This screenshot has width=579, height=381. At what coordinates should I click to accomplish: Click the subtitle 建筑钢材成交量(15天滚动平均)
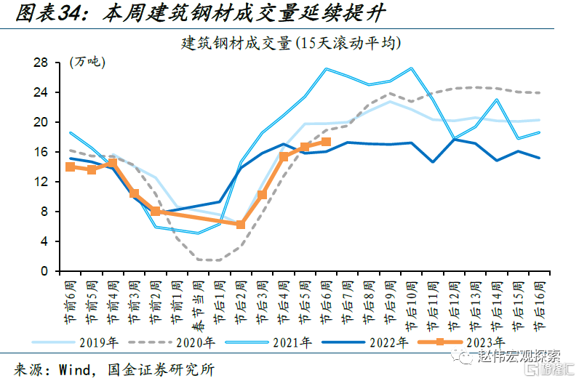coord(290,44)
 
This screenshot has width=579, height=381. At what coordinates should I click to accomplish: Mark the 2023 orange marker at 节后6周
coord(326,142)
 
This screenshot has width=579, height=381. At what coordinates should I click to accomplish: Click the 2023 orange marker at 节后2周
coord(241,225)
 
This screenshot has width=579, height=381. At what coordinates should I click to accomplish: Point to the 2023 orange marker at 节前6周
coord(70,167)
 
